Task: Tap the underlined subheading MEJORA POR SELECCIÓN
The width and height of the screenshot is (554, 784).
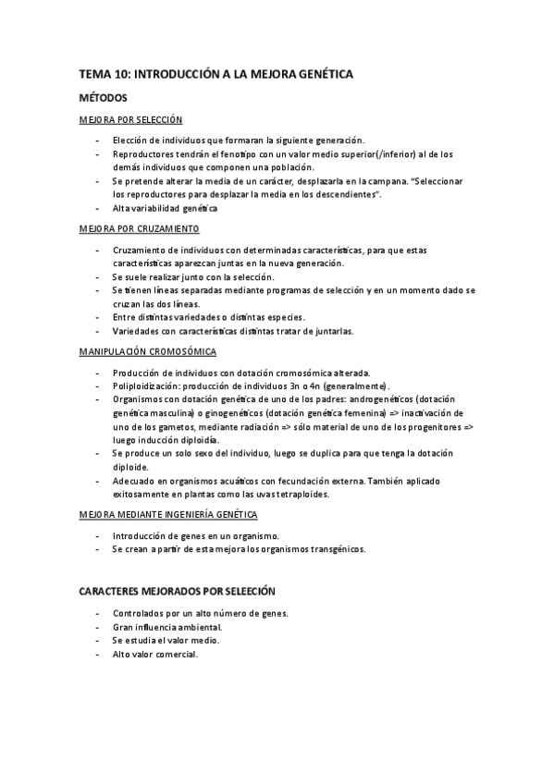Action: point(130,119)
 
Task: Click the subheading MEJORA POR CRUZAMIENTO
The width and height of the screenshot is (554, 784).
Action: point(138,228)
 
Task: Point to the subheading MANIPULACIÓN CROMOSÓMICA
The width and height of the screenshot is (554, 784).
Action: point(148,351)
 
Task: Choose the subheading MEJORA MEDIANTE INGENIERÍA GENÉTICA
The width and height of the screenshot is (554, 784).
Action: point(167,513)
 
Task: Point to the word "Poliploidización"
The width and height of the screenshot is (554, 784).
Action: point(145,385)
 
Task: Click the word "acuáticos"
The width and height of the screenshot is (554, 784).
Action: point(231,481)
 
